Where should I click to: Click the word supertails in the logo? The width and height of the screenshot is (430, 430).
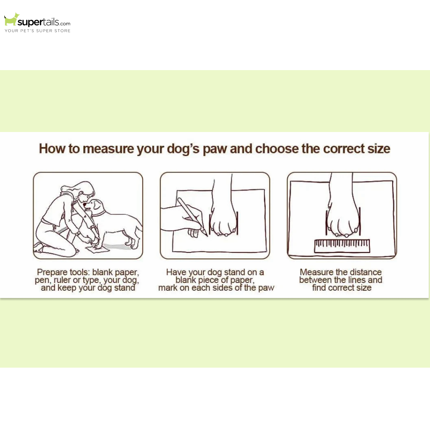tap(38, 22)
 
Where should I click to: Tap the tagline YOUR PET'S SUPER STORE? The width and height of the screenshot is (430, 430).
tap(37, 31)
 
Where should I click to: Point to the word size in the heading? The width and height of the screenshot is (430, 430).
tap(379, 149)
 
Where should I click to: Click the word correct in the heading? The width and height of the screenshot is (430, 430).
tap(343, 149)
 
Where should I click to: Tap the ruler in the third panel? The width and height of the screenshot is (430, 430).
tap(342, 246)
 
